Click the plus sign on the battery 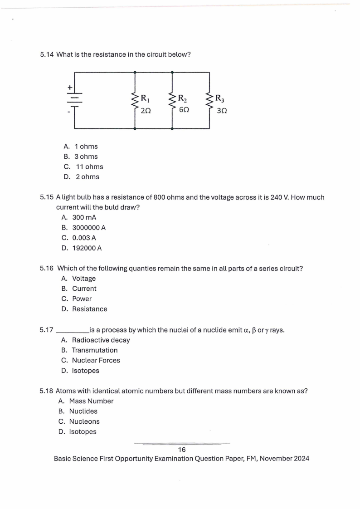coord(70,87)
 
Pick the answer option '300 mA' coord(84,217)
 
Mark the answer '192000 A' coord(87,248)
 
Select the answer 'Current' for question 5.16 coord(84,289)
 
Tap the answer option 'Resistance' coord(90,309)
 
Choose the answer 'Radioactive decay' coord(101,340)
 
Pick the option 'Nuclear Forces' coord(96,360)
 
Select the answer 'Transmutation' coord(95,350)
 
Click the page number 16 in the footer coord(182,450)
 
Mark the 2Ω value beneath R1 coord(146,110)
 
